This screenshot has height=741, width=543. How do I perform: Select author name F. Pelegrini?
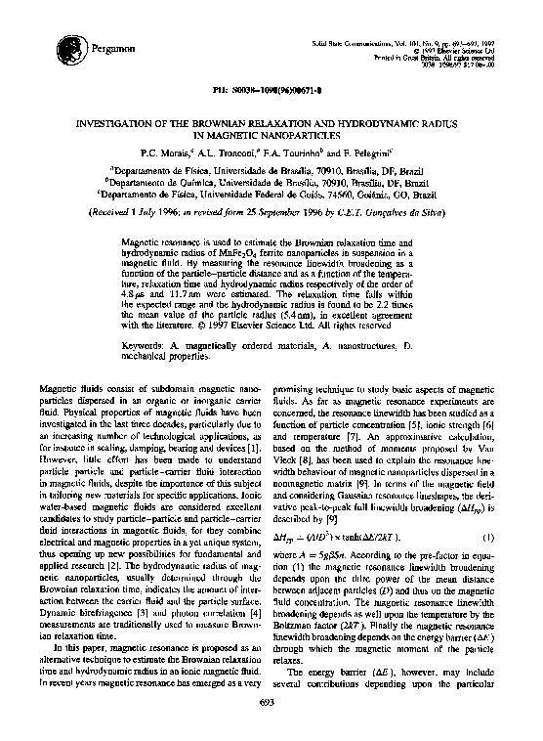(x=373, y=153)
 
